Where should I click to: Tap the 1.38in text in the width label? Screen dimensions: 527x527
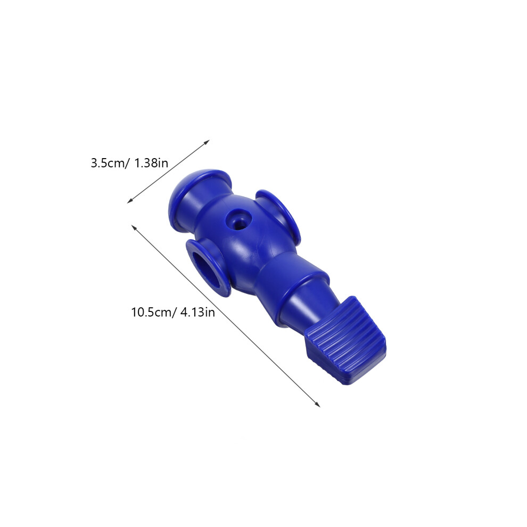(x=151, y=163)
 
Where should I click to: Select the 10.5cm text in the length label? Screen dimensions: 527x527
(x=151, y=312)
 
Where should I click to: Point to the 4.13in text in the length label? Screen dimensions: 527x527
(x=197, y=312)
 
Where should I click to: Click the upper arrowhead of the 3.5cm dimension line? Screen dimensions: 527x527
(x=207, y=143)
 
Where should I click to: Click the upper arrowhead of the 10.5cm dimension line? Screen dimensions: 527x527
(x=134, y=227)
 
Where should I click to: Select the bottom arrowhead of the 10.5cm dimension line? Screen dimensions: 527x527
(x=317, y=404)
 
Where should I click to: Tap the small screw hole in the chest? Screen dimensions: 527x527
(x=238, y=220)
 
